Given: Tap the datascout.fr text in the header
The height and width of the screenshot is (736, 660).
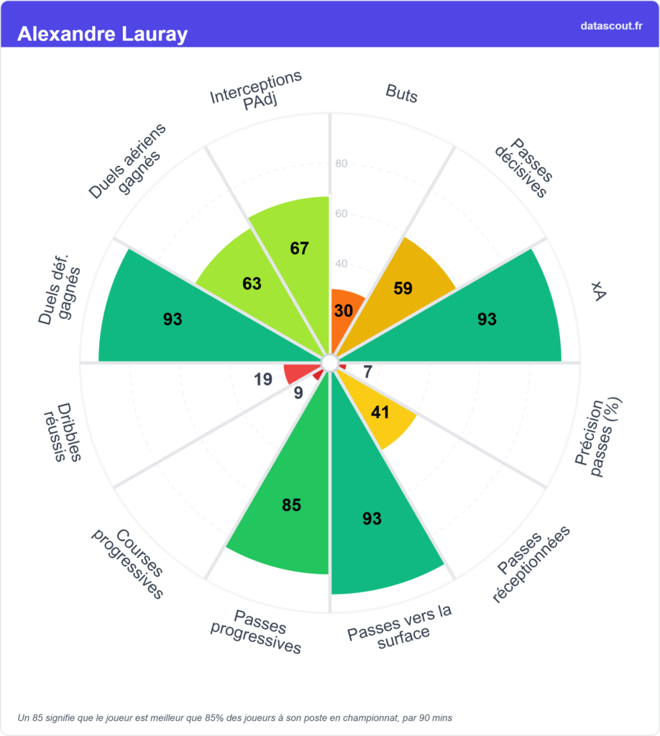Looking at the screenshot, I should point(611,26).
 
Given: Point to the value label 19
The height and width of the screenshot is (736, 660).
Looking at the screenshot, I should point(263,379).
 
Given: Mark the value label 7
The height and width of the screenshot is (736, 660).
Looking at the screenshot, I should point(367,372).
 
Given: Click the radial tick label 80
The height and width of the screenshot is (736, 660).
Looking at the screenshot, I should point(342,164).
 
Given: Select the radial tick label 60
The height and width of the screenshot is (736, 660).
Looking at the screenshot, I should point(342,214).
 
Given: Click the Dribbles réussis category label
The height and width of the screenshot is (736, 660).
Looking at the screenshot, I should point(63,431).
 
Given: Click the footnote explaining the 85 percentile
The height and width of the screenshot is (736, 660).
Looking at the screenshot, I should point(235,717).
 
